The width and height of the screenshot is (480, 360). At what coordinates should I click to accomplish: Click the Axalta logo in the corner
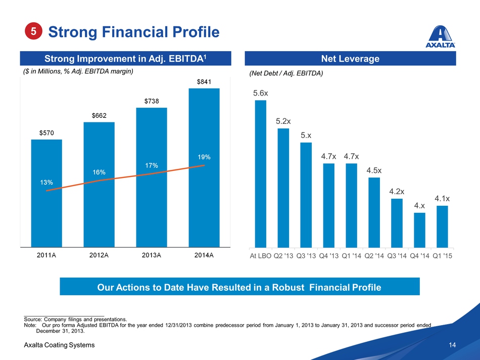tap(441, 36)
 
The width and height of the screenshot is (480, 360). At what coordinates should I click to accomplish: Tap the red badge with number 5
tap(33, 31)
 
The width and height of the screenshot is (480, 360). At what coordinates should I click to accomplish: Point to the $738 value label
tap(151, 101)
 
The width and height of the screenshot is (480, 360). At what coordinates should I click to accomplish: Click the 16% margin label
tap(99, 172)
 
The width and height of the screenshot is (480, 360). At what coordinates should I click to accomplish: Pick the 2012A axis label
tap(99, 255)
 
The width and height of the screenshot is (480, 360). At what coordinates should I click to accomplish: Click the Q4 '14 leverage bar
tap(419, 230)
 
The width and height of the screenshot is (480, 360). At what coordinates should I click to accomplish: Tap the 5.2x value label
tap(283, 121)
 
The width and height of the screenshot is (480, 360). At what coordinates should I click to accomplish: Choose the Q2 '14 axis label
tap(374, 255)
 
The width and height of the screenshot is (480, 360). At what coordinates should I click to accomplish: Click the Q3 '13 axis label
tap(306, 255)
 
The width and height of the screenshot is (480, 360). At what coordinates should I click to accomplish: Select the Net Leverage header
tap(350, 59)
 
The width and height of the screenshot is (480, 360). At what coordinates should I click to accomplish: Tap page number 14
tap(452, 345)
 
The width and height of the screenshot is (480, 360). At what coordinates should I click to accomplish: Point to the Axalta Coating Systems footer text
tap(59, 345)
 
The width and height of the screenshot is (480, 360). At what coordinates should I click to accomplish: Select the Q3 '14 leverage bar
tap(397, 222)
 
